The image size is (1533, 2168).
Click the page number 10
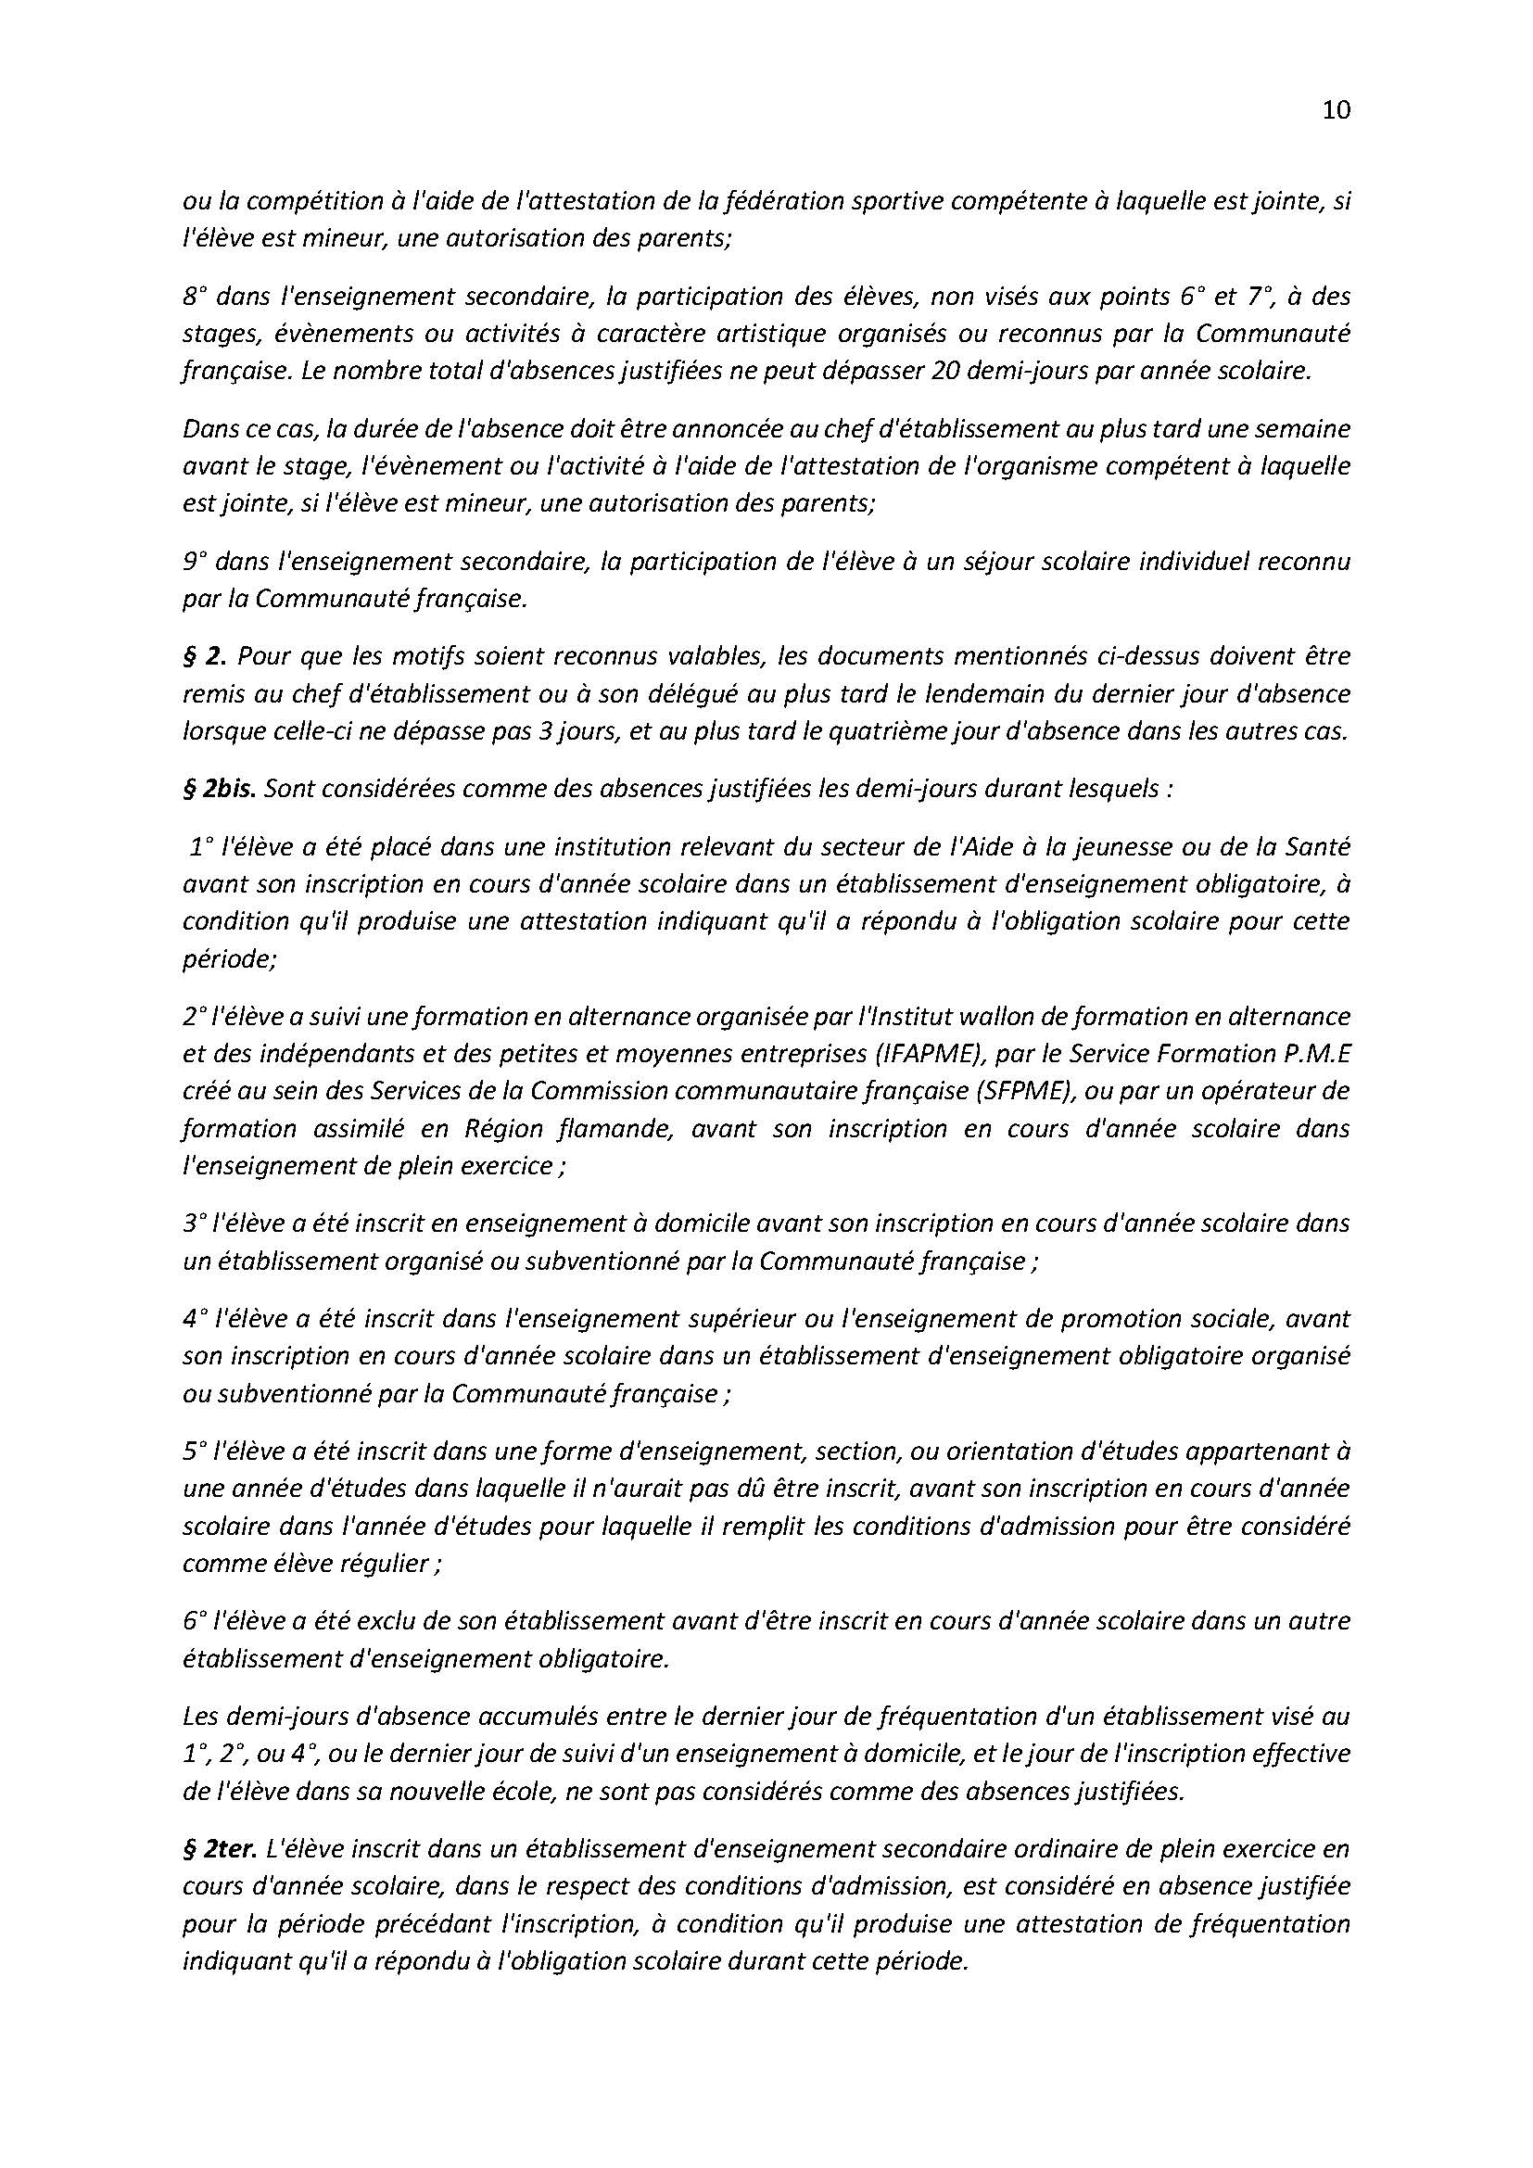[x=1337, y=110]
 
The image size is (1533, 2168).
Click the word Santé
[x=1317, y=847]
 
